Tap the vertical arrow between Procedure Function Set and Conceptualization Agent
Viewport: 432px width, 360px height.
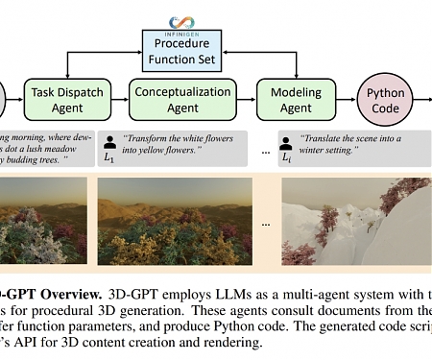(168, 73)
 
